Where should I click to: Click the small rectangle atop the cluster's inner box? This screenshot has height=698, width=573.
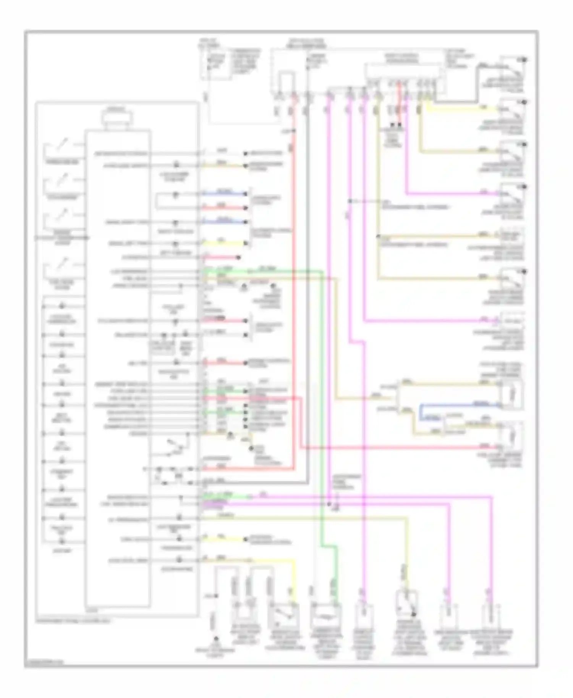pyautogui.click(x=117, y=118)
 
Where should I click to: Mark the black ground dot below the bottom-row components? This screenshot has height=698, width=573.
pyautogui.click(x=216, y=639)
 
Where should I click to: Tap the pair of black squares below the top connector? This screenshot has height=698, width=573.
pyautogui.click(x=396, y=125)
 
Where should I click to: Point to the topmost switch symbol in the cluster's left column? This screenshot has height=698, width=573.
pyautogui.click(x=61, y=147)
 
